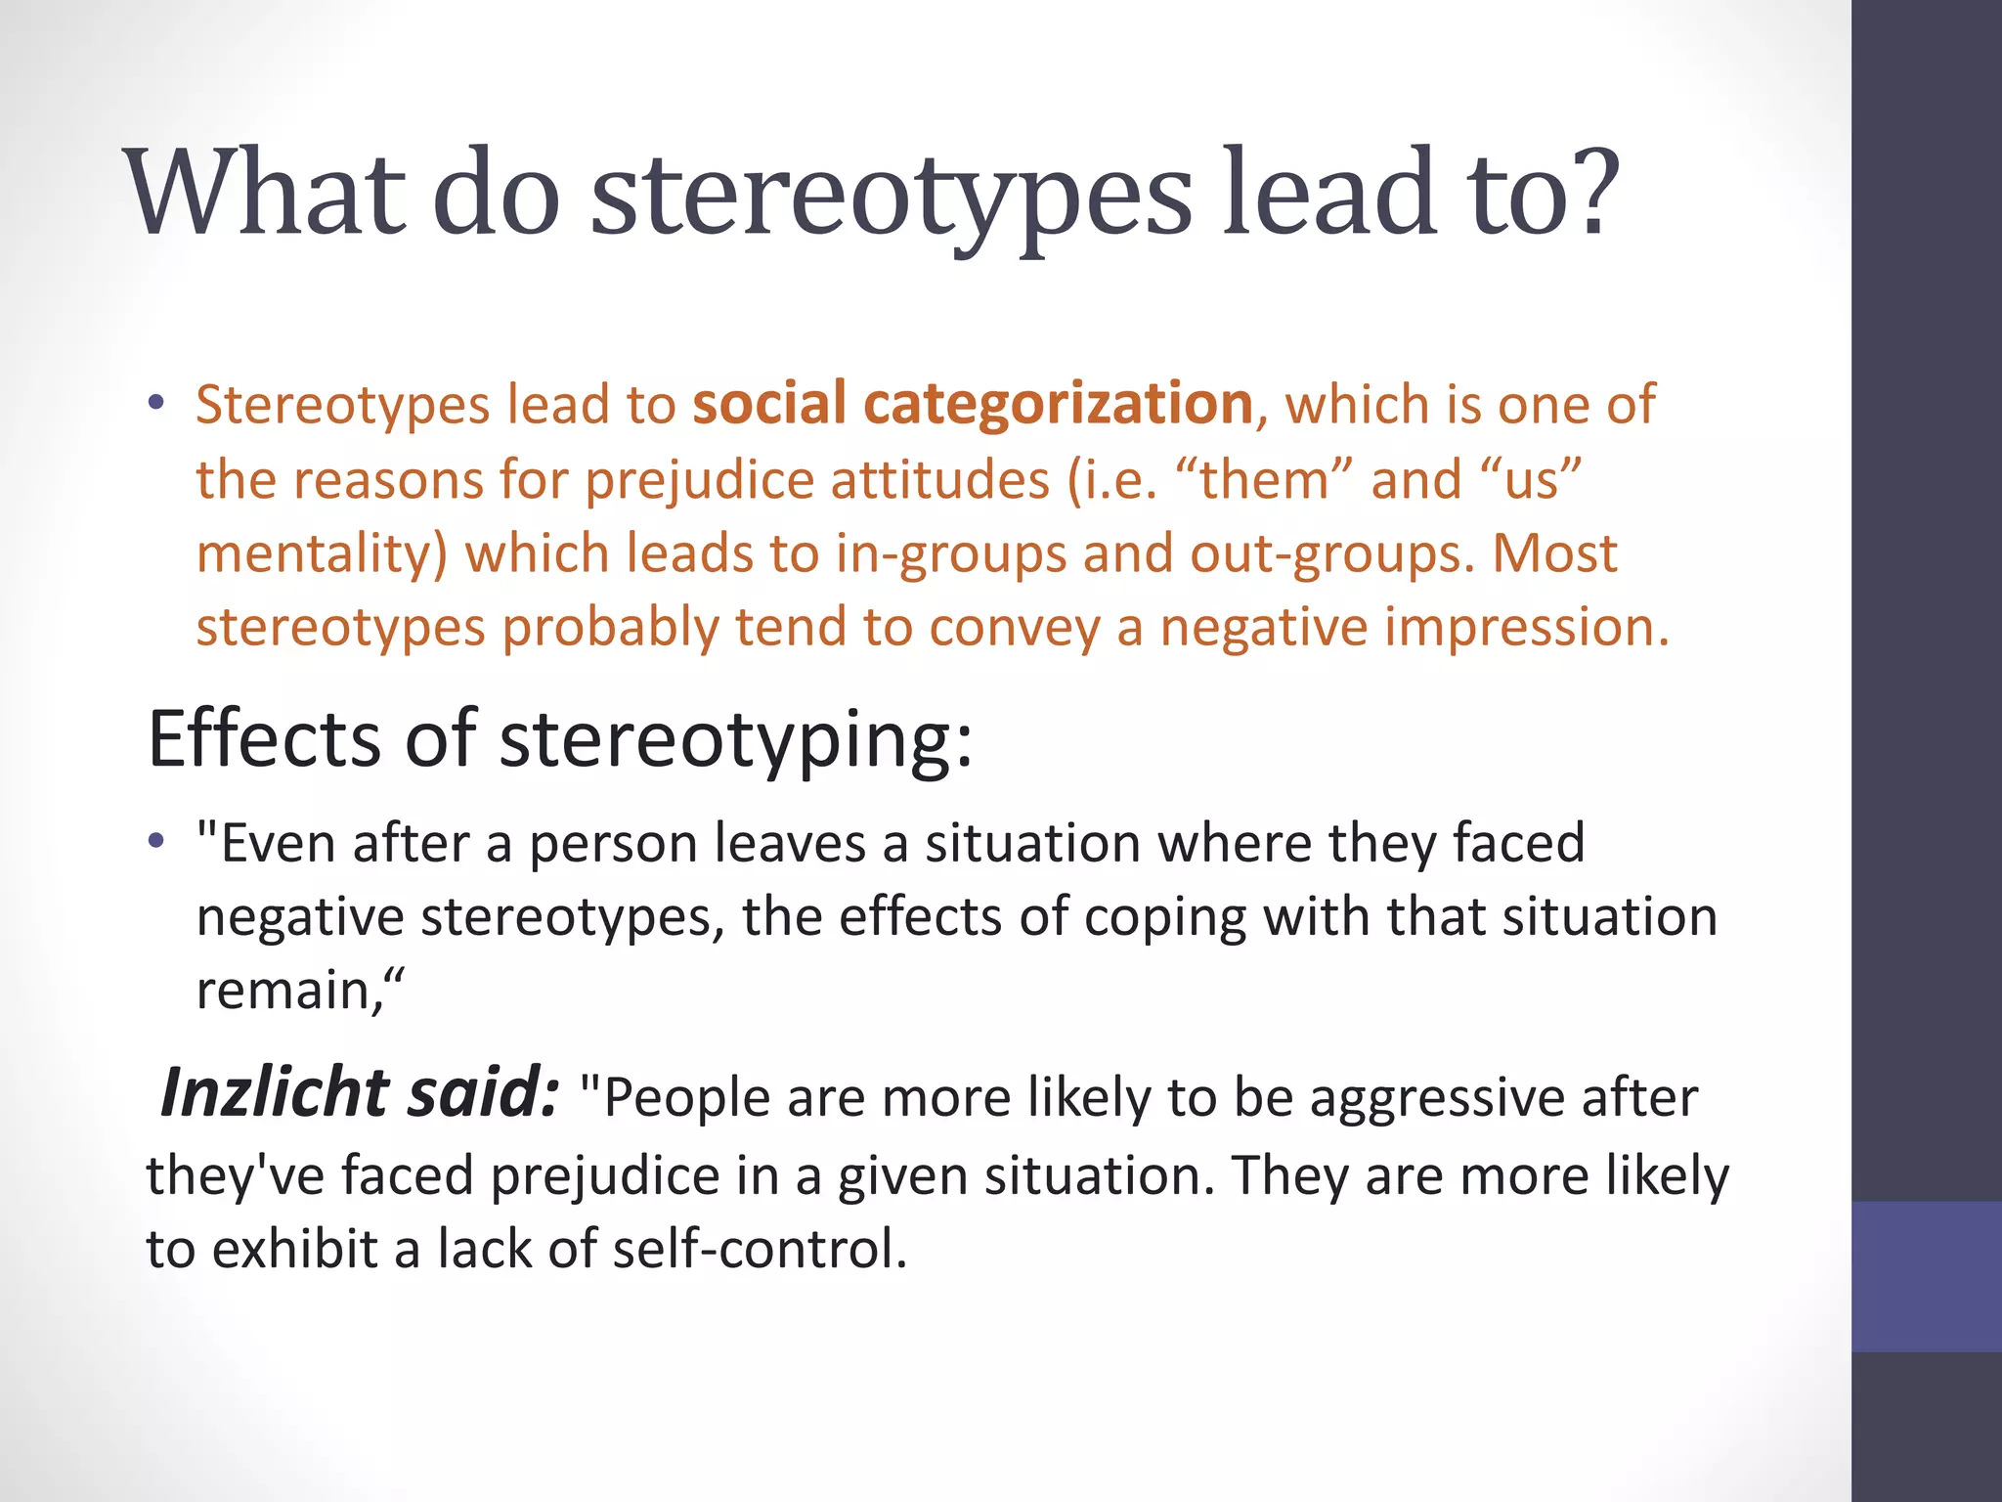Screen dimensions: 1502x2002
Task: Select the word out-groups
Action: [1330, 554]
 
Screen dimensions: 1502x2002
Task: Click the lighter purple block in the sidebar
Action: [1926, 1276]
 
